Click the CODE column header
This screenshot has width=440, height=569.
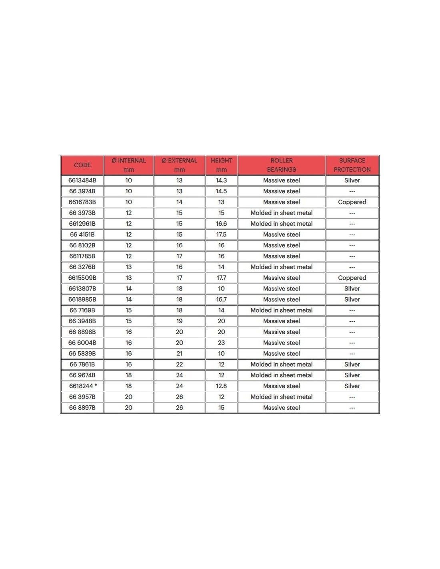(82, 165)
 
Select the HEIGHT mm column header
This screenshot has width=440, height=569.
(221, 165)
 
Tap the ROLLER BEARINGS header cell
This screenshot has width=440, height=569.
(282, 165)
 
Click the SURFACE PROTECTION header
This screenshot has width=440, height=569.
(352, 165)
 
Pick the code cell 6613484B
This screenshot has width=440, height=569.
(82, 180)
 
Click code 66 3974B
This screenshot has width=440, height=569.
(82, 191)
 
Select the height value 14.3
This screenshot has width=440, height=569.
(221, 180)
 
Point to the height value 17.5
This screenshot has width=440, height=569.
(221, 234)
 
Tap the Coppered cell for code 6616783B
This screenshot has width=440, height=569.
(352, 202)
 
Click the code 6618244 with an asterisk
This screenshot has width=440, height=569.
(83, 386)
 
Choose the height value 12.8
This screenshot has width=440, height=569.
(221, 386)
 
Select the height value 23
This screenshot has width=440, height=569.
(221, 343)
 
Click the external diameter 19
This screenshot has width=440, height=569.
(179, 321)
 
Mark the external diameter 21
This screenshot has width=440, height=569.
(179, 354)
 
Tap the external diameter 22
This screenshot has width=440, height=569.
(179, 365)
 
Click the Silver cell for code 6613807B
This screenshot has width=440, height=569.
(352, 289)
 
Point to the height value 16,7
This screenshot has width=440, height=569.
(221, 300)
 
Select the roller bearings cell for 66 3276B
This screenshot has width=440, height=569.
(282, 267)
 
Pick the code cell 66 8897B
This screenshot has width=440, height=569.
(82, 408)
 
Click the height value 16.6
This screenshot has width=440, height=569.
(221, 224)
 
